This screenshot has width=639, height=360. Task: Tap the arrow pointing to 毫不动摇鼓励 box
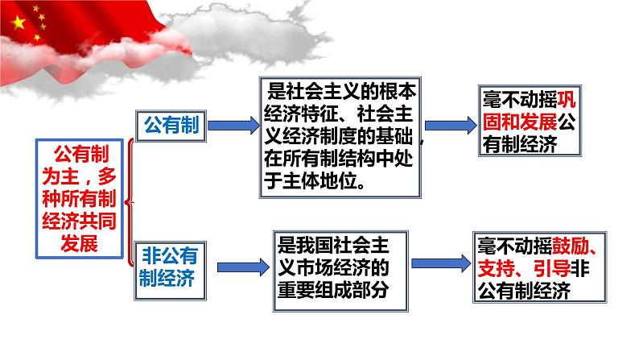(441, 263)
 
